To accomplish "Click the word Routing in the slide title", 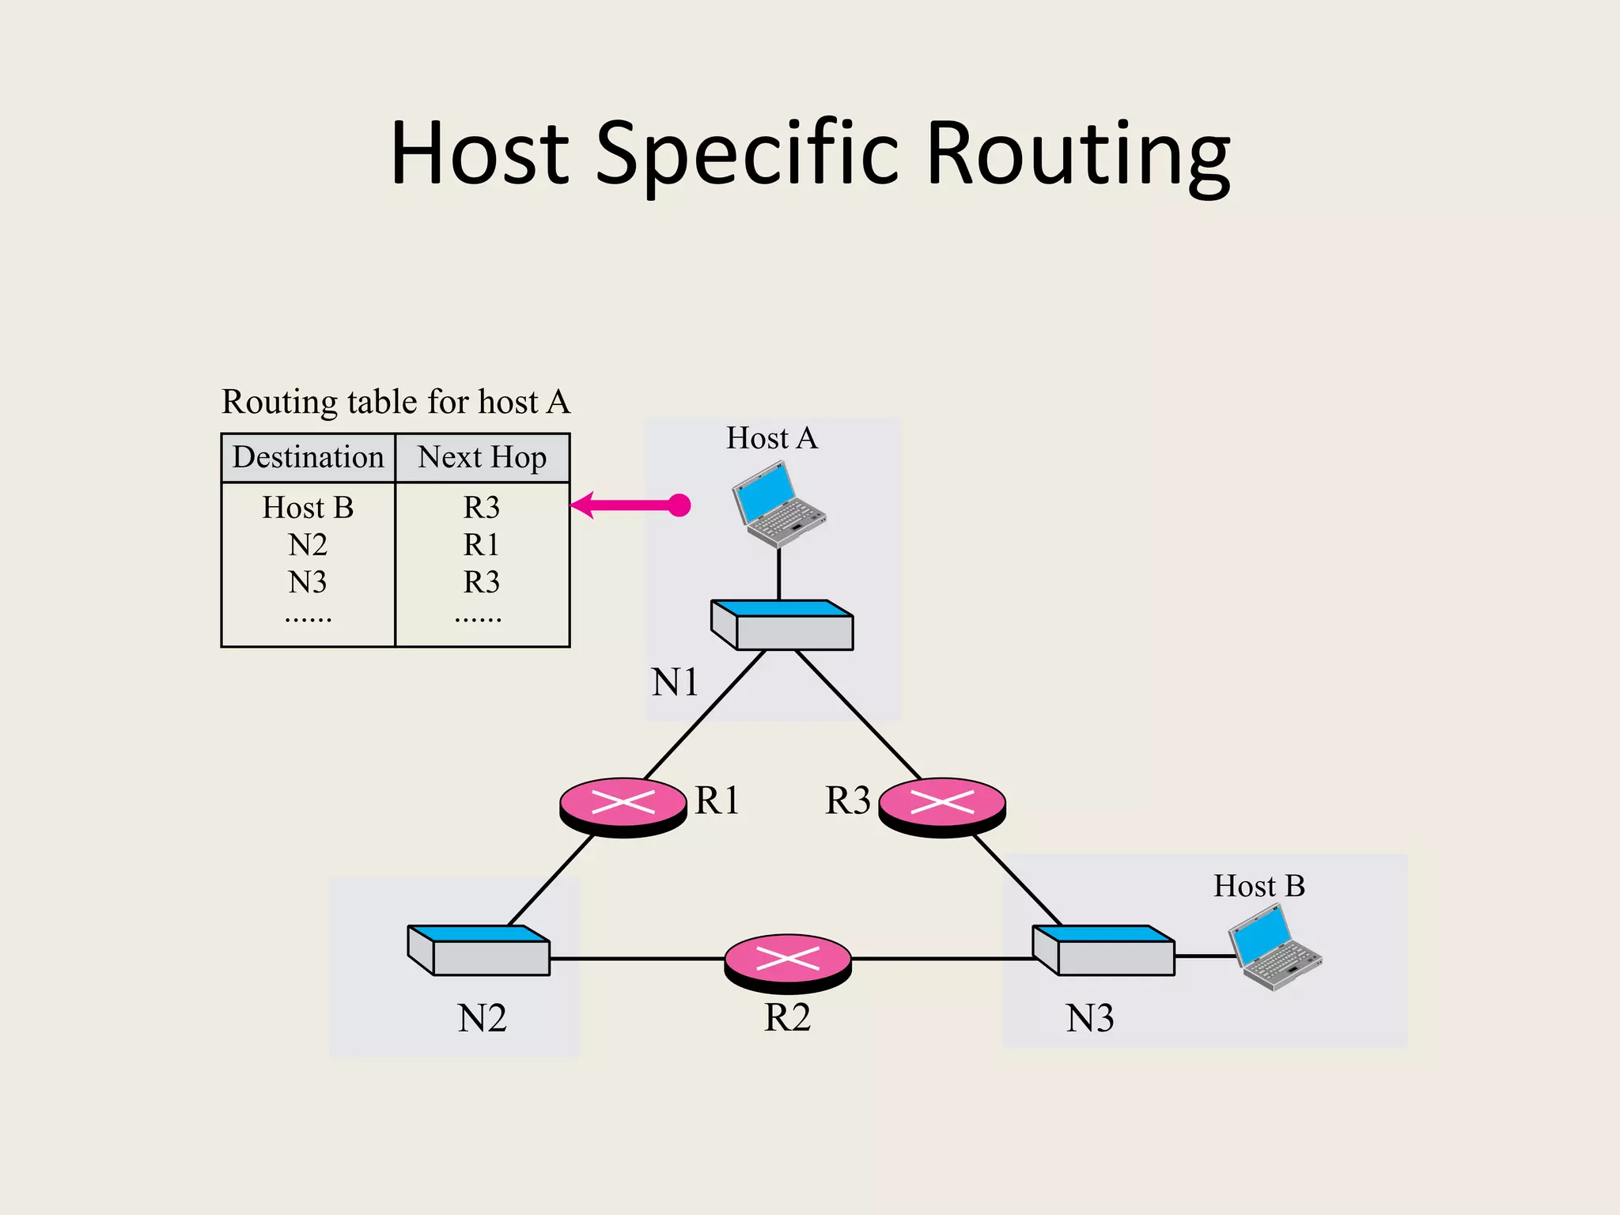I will [1077, 154].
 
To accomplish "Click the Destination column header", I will [308, 457].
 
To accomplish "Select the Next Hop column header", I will [482, 457].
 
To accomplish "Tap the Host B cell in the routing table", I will [308, 507].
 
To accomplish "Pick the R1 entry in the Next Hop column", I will [481, 545].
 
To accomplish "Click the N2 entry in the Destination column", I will [308, 545].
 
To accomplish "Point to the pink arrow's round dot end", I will [679, 505].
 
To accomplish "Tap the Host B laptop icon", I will [1274, 947].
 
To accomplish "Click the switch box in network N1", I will [782, 625].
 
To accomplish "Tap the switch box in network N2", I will [479, 950].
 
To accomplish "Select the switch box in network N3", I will [1103, 950].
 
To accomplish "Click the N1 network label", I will [675, 682].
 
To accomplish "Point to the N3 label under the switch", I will [1090, 1018].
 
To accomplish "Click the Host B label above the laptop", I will [1259, 886].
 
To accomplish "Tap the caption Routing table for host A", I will [396, 402].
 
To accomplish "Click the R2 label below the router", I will [787, 1017].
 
